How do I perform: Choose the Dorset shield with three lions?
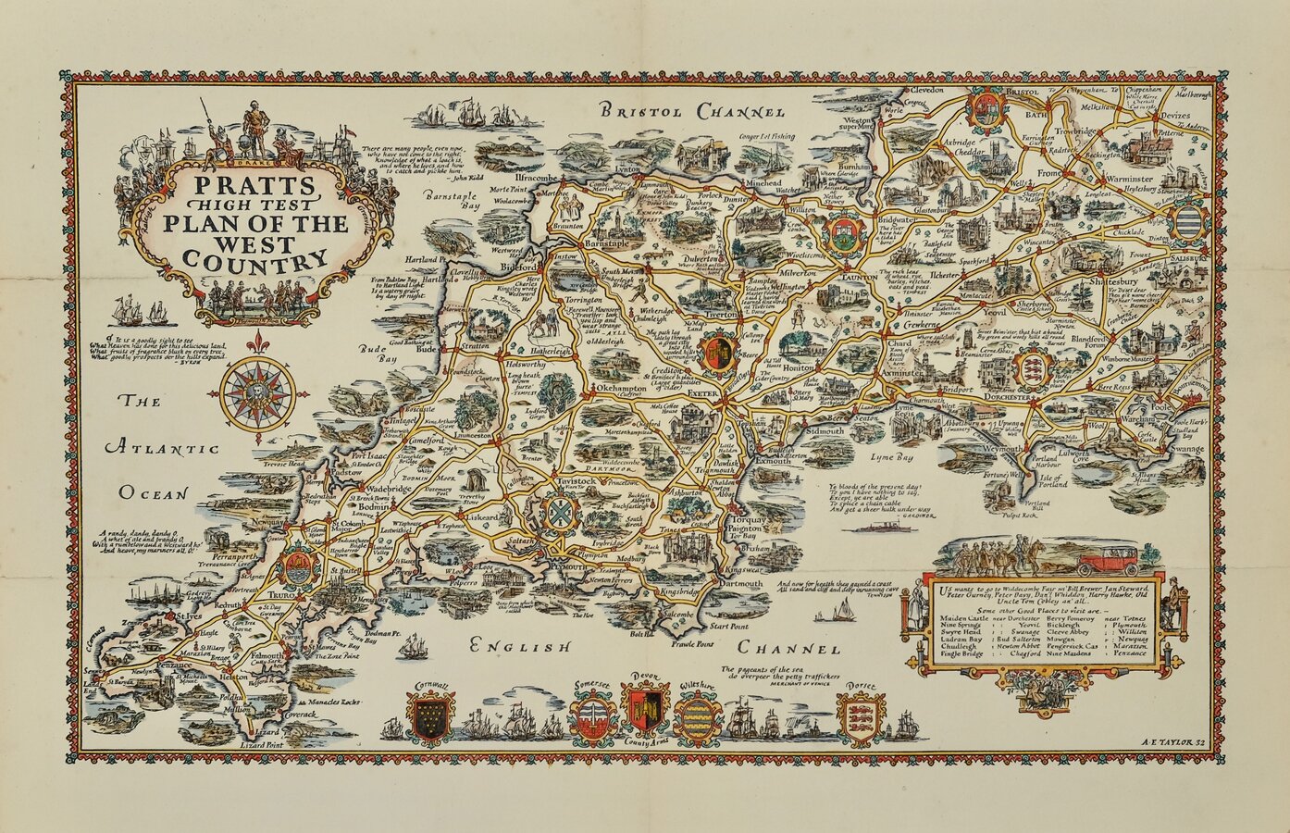(860, 716)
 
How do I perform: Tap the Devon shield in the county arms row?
(646, 711)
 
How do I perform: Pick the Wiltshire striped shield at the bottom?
(701, 717)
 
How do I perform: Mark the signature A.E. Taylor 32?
(1172, 742)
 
